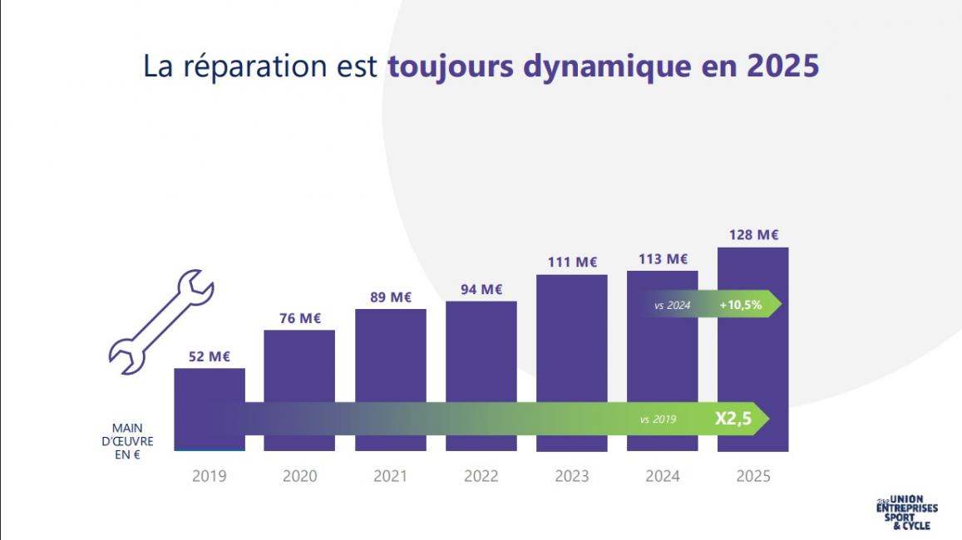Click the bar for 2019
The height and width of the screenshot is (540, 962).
(x=210, y=385)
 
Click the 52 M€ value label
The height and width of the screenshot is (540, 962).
(x=209, y=356)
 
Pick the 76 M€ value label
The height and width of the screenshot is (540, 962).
(x=299, y=318)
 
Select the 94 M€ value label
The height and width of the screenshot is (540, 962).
(x=481, y=289)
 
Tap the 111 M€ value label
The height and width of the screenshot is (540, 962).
(x=572, y=263)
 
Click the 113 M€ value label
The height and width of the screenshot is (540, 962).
(x=664, y=259)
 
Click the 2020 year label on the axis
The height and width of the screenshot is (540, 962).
(x=299, y=476)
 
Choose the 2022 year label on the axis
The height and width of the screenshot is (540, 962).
(x=481, y=476)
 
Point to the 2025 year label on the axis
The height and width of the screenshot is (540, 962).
(x=753, y=476)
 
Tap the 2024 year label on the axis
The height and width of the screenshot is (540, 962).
(x=663, y=476)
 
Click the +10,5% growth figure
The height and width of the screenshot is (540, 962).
(x=740, y=305)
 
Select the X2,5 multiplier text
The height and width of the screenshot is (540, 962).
(x=733, y=420)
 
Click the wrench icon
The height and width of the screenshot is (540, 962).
(x=161, y=317)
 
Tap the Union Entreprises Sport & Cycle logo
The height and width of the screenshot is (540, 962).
(x=905, y=513)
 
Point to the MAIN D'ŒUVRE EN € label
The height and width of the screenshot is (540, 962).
(x=133, y=441)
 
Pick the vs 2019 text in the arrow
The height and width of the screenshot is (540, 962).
(x=658, y=420)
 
